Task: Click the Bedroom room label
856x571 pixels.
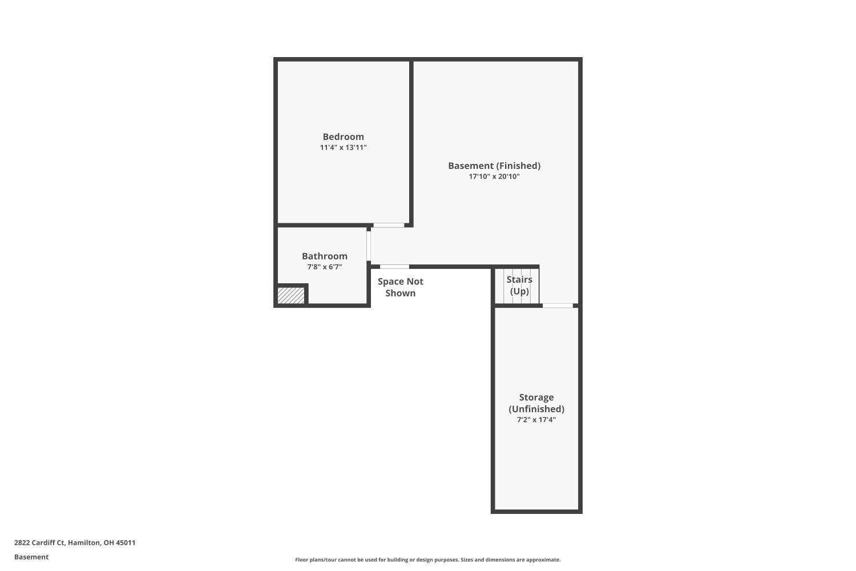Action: (343, 137)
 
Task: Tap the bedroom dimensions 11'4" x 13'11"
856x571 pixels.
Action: (343, 148)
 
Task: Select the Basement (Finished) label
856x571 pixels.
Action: (494, 166)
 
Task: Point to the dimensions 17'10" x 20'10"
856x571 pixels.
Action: (494, 177)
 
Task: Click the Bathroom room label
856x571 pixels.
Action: (325, 256)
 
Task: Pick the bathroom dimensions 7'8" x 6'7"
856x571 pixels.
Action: (325, 267)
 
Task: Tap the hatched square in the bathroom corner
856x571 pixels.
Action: (291, 296)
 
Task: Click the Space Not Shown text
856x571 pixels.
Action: (400, 287)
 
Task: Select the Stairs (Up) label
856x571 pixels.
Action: (519, 285)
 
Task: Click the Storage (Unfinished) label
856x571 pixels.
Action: (536, 403)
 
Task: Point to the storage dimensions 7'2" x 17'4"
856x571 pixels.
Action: (536, 420)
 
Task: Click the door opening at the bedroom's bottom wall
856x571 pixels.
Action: (389, 226)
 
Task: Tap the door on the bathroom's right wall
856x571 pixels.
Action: (369, 246)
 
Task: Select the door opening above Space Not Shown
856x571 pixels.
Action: (394, 267)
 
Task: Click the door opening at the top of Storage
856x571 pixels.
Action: (558, 306)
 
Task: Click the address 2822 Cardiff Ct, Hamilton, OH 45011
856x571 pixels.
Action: (75, 543)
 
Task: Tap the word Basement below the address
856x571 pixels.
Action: (31, 557)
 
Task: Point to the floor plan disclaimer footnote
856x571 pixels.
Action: (427, 560)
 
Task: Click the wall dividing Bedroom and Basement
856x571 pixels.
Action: (411, 143)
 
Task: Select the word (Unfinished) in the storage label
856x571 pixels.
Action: (536, 409)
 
